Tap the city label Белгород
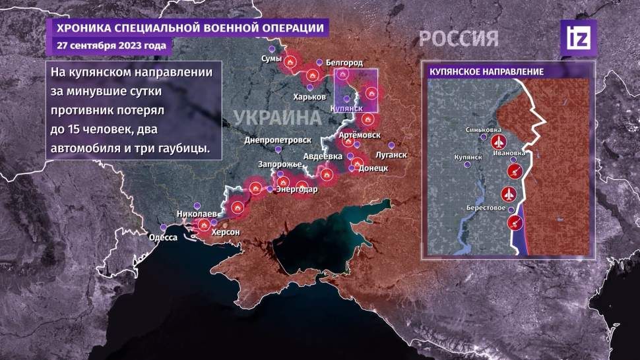point(344,62)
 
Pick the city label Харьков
point(309,96)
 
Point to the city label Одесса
point(163,237)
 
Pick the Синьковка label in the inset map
point(483,130)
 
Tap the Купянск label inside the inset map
point(470,157)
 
